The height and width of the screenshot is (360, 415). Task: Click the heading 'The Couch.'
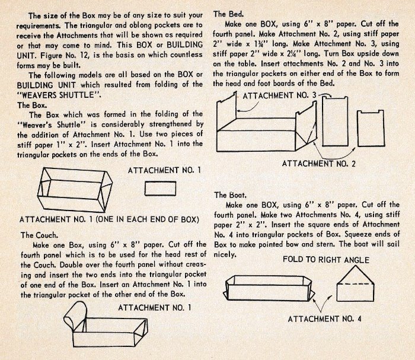[x=38, y=235]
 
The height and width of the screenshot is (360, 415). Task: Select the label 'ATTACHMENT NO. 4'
[x=325, y=319]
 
